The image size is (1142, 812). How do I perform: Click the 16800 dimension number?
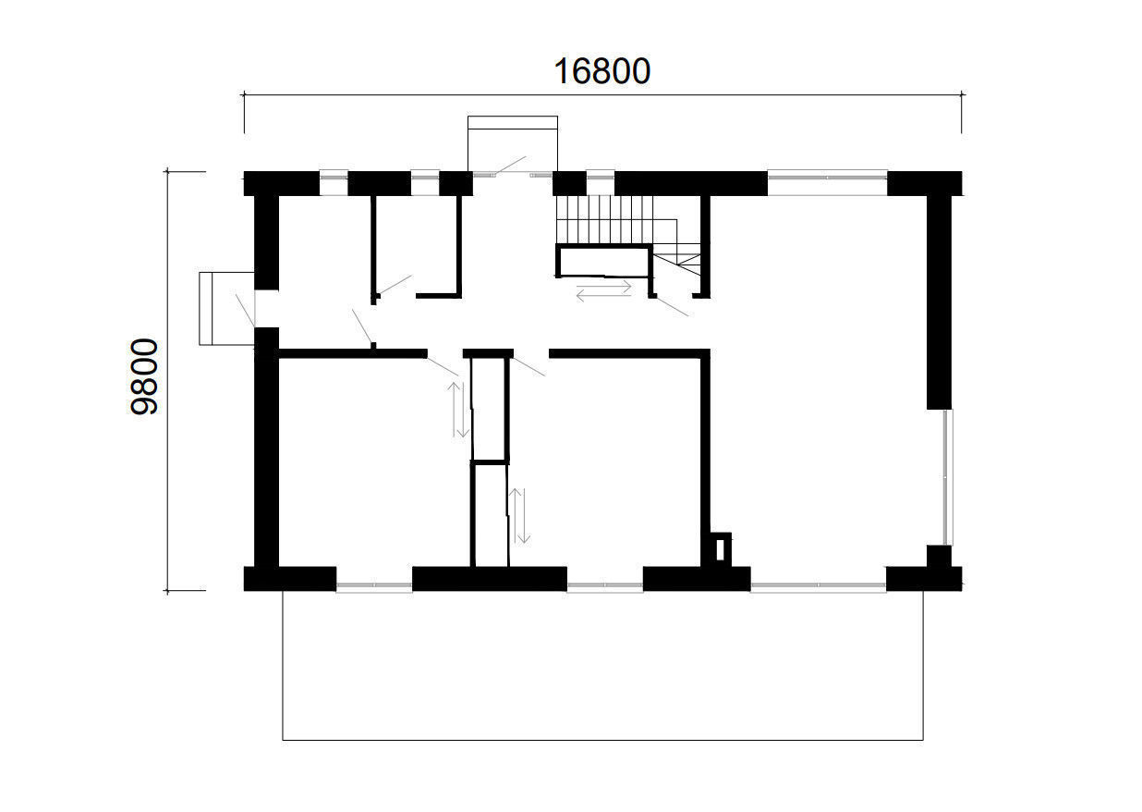click(601, 71)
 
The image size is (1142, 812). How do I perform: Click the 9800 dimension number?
click(145, 377)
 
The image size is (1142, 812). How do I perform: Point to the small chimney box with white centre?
click(721, 548)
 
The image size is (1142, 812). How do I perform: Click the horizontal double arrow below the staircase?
click(604, 290)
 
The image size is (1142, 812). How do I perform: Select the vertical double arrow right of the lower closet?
click(522, 515)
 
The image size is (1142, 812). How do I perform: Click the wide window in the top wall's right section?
click(827, 182)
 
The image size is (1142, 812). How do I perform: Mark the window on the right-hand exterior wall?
click(946, 476)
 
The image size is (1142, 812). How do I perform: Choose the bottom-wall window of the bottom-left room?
click(373, 584)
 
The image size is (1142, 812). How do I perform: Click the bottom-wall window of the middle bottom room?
click(604, 584)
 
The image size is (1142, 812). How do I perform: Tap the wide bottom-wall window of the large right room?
click(819, 584)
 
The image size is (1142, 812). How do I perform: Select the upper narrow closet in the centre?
click(490, 407)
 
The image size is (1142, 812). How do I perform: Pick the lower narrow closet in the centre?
click(490, 513)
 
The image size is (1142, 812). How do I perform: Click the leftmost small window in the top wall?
click(333, 182)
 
